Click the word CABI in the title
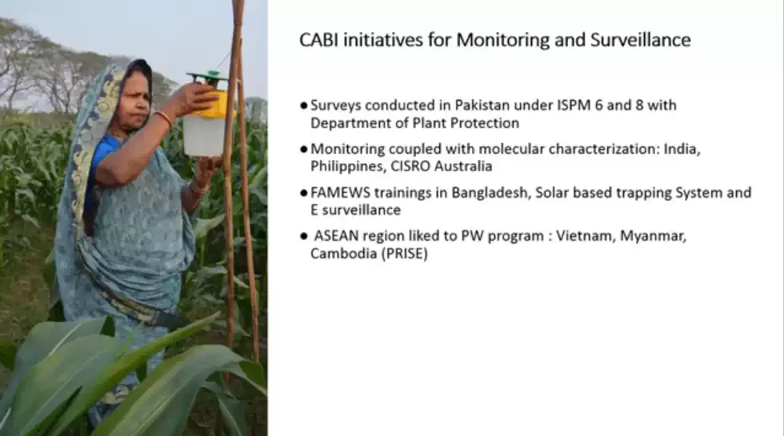coord(319,39)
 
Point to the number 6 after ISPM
coord(598,106)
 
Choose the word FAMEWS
coord(341,193)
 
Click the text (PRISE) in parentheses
coord(405,254)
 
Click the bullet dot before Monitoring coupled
coord(303,149)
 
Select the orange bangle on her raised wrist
coord(165,119)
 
